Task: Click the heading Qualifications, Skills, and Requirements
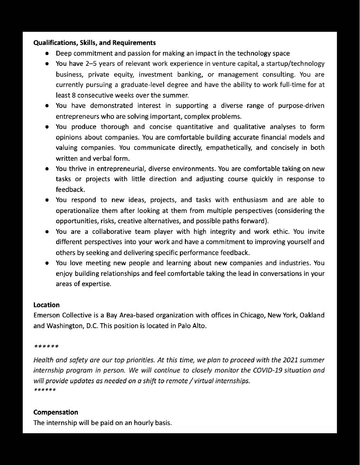tap(95, 43)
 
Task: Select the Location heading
tap(46, 305)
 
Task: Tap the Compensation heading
tap(56, 412)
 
